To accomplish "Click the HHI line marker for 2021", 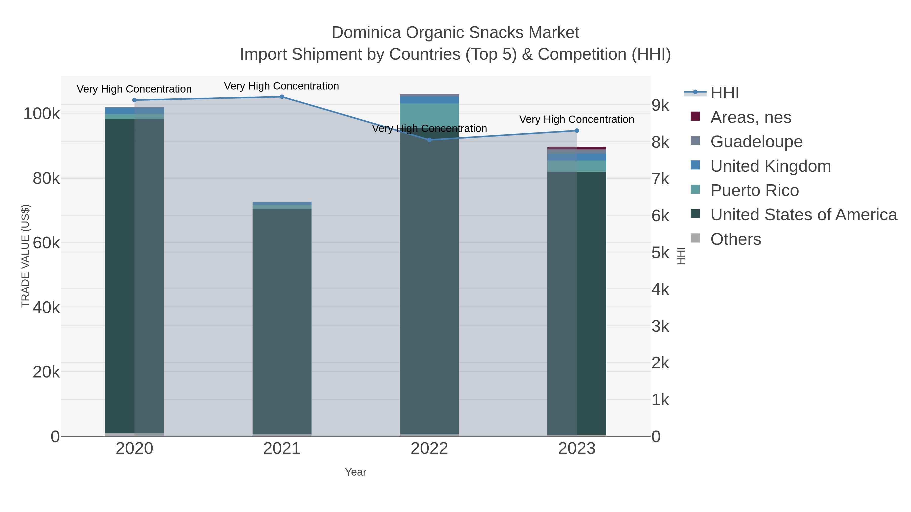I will point(282,97).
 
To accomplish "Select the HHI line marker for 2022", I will point(429,140).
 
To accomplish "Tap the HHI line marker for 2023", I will point(577,131).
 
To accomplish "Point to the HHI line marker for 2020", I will point(134,100).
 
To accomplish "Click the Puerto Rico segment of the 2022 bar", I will point(429,115).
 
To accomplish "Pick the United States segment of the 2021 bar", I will point(282,318).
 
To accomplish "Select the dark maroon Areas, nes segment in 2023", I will point(577,148).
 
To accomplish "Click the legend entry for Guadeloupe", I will point(756,142).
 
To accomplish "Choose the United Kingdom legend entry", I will point(770,166).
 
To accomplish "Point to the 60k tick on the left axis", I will point(46,243).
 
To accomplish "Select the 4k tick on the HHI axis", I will point(660,290).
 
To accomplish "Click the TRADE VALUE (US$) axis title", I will point(26,256).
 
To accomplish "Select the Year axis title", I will point(356,472).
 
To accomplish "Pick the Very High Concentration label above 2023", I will point(576,119).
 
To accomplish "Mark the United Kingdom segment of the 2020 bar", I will point(134,110).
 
